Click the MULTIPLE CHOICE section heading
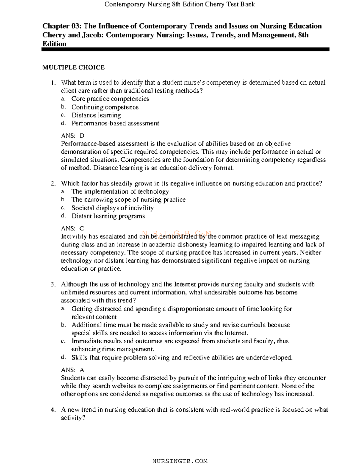[73, 68]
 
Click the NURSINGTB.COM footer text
[180, 461]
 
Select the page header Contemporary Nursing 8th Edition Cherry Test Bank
[179, 4]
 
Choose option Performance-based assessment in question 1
[115, 123]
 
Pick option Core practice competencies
[110, 99]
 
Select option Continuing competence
[105, 107]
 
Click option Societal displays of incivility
[112, 208]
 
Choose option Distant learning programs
[108, 216]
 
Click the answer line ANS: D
[73, 136]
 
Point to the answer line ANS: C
[73, 228]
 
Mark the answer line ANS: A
[73, 370]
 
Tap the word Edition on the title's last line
[54, 44]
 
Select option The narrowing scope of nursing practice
[128, 200]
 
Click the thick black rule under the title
[185, 50]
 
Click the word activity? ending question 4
[73, 418]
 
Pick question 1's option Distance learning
[96, 115]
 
